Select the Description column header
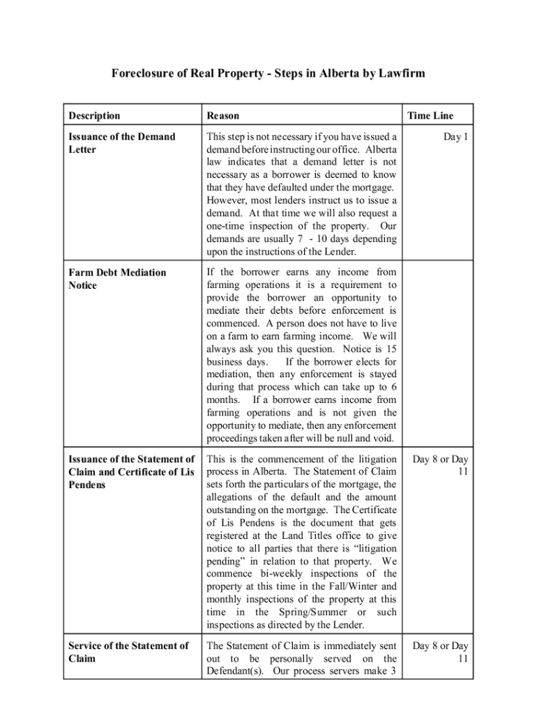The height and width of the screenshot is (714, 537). (94, 116)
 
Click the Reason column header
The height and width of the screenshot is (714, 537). (222, 116)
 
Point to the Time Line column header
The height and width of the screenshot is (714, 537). (430, 116)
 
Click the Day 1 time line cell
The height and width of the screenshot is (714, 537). (455, 137)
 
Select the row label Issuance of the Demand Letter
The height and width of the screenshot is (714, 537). (121, 143)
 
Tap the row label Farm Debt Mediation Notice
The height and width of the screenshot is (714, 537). (117, 279)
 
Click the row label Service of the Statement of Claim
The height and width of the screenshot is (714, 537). (128, 652)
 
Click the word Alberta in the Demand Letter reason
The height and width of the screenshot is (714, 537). (381, 149)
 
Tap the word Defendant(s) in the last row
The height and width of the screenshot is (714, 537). (234, 671)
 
